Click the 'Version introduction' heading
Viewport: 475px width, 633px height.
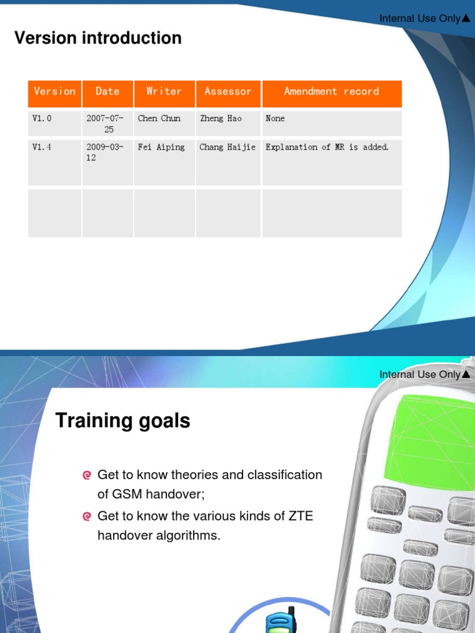click(x=98, y=38)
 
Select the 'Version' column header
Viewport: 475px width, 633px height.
click(x=54, y=91)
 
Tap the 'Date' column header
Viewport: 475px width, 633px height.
click(x=107, y=91)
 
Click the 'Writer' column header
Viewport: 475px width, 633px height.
click(x=164, y=91)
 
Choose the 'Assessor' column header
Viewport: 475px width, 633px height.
click(x=228, y=91)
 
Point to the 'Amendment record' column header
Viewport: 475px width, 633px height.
click(x=332, y=91)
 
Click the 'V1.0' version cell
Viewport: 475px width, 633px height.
click(x=42, y=118)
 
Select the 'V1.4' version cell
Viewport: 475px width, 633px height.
click(x=42, y=147)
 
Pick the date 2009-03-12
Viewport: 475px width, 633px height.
click(x=105, y=152)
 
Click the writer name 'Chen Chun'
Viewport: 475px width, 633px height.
click(x=159, y=118)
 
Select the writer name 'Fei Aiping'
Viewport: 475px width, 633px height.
click(x=161, y=147)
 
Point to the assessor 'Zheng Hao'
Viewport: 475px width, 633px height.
click(x=221, y=118)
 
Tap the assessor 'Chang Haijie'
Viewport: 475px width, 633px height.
click(x=227, y=147)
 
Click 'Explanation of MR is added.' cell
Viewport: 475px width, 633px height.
click(x=327, y=147)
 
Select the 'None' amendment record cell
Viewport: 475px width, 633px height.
click(x=275, y=118)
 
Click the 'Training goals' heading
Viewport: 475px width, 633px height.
click(x=123, y=421)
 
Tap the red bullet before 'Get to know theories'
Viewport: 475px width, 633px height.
click(x=87, y=475)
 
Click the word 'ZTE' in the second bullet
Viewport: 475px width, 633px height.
click(x=301, y=516)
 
